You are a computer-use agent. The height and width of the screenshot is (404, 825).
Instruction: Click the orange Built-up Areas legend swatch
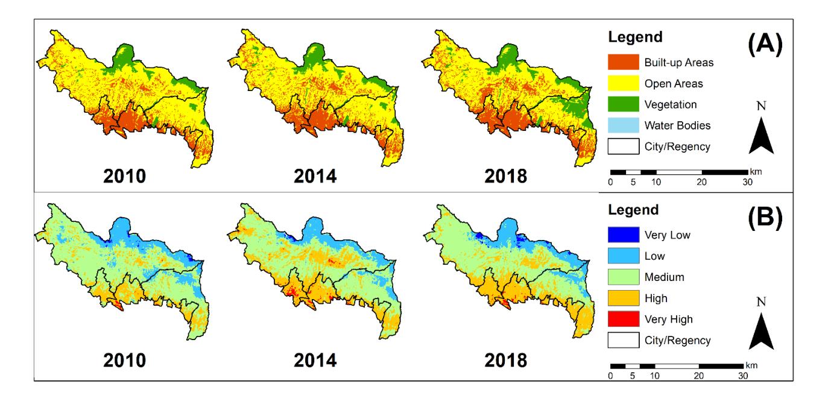coord(623,62)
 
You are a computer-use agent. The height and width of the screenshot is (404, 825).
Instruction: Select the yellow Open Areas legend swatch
coord(623,83)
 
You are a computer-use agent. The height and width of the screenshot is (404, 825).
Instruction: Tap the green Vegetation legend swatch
coord(623,104)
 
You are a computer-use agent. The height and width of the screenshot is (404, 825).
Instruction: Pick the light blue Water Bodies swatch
coord(623,125)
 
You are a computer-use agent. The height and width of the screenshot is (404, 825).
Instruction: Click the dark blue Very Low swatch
coord(623,235)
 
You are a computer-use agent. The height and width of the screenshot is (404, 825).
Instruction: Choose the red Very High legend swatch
coord(623,319)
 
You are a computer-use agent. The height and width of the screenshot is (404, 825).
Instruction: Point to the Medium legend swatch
coord(623,277)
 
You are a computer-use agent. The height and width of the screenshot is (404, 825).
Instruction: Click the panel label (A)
coord(765,44)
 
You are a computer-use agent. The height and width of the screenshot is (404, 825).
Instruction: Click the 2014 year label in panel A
coord(315,176)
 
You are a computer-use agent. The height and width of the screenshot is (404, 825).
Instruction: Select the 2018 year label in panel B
coord(506,360)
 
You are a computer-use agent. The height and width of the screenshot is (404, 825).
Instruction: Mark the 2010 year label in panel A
coord(124,176)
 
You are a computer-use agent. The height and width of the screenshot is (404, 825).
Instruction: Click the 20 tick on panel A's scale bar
coord(701,182)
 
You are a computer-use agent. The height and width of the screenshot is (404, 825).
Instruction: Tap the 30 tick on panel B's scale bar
coord(743,376)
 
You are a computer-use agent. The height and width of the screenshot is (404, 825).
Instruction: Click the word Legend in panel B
coord(633,210)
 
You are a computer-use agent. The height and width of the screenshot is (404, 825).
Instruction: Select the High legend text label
coord(656,298)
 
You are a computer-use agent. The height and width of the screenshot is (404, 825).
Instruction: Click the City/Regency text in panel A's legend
coord(677,147)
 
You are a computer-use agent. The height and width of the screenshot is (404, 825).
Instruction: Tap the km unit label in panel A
coord(756,172)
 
